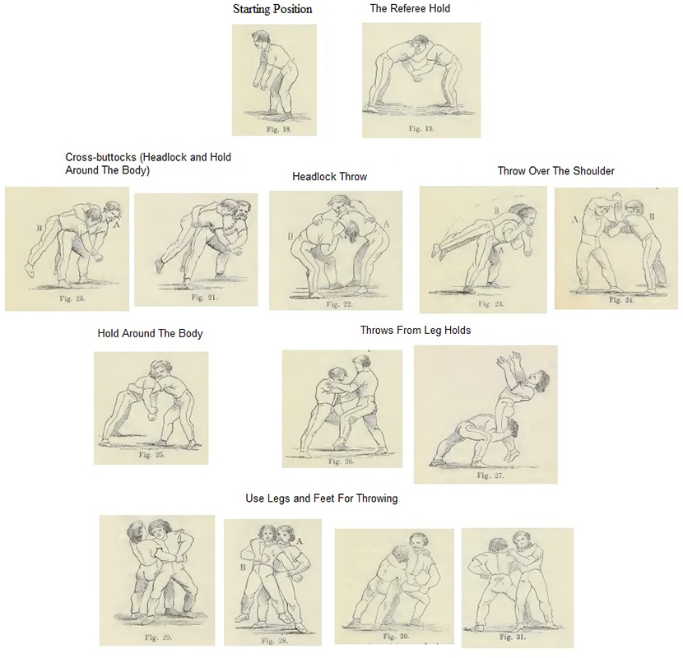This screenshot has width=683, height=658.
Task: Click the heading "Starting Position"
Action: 272,9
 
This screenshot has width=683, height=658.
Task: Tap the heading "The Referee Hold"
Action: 410,8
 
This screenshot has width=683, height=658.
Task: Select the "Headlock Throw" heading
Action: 330,176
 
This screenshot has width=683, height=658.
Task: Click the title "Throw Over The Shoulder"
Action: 555,171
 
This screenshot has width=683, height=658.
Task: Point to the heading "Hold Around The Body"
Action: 151,334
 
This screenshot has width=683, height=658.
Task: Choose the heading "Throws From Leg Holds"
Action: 416,330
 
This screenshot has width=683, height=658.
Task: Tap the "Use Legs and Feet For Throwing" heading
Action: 322,498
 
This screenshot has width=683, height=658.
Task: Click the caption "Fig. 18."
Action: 279,129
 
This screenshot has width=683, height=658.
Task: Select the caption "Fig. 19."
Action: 421,128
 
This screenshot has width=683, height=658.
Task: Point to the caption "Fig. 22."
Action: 339,304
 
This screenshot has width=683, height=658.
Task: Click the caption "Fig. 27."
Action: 490,475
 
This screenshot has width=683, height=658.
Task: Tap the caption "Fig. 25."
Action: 151,455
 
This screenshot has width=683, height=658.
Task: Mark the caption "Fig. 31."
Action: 513,637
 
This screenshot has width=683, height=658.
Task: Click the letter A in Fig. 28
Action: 300,541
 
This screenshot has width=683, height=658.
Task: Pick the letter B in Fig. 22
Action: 290,237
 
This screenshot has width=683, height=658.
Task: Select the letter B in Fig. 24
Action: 652,216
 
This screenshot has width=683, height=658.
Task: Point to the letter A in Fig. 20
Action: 116,225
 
